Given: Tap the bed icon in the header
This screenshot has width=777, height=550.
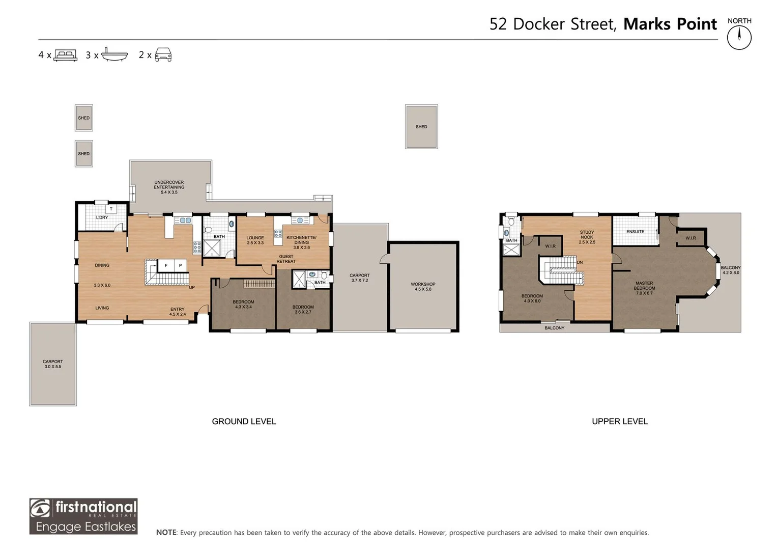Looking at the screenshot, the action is pos(65,55).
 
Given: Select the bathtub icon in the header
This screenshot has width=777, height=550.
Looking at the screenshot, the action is pos(114,54).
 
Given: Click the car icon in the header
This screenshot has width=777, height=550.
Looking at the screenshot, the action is pos(163,55).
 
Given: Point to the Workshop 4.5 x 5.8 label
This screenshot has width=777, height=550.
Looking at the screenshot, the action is pos(423,286).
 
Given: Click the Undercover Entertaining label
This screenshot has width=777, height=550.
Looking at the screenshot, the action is pos(169,187).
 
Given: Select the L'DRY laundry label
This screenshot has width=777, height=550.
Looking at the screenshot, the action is pos(102,217).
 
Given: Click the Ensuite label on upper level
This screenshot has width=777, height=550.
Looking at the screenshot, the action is pos(635,232).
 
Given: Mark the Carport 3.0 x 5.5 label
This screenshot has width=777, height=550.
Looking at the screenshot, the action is pos(53,364).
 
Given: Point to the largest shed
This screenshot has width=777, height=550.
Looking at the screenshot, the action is pos(421,127).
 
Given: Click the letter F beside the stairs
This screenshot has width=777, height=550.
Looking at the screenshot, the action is pos(166,266).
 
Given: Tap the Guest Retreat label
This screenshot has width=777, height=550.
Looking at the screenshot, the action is pos(286,259).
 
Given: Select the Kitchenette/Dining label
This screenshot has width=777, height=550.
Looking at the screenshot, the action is pos(301,242).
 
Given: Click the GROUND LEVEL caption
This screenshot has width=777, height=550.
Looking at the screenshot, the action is pos(244,422).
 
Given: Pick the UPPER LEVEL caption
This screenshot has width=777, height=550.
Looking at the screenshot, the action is pos(620,422).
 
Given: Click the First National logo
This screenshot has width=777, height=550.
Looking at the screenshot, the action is pos(83,516).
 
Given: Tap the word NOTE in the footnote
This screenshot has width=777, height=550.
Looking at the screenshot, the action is pos(166,532).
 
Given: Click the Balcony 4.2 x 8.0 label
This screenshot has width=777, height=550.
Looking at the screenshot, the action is pos(731,270).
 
